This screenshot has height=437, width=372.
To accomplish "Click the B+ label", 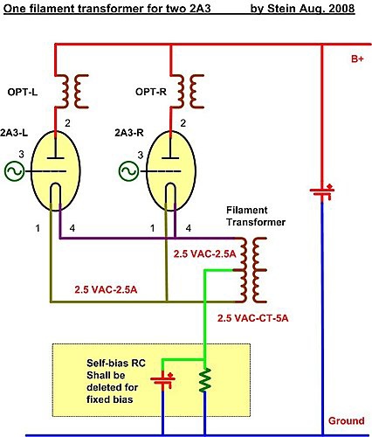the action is pyautogui.click(x=357, y=59).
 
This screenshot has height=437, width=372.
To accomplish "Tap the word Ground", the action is pyautogui.click(x=347, y=420).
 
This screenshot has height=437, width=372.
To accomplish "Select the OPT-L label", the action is pyautogui.click(x=23, y=93).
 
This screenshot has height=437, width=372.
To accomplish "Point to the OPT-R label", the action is pyautogui.click(x=151, y=92).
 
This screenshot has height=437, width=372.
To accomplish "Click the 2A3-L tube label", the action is pyautogui.click(x=14, y=133).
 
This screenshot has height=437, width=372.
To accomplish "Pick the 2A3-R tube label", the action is pyautogui.click(x=129, y=133).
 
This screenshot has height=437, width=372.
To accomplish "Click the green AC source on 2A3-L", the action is pyautogui.click(x=14, y=171).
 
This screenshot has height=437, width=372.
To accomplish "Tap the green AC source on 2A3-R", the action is pyautogui.click(x=129, y=171).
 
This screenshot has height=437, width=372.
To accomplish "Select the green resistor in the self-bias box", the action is pyautogui.click(x=205, y=379).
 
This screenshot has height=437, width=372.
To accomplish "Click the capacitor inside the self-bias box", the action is pyautogui.click(x=163, y=379).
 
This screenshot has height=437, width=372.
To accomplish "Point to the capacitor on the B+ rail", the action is pyautogui.click(x=322, y=191).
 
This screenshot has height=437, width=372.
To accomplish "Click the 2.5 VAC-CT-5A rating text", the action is pyautogui.click(x=253, y=318).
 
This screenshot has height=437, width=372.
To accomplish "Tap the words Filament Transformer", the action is pyautogui.click(x=256, y=216).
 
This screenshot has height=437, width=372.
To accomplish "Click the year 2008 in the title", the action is pyautogui.click(x=341, y=9).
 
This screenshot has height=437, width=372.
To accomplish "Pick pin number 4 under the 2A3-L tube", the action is pyautogui.click(x=72, y=228).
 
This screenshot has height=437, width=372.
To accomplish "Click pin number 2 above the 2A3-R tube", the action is pyautogui.click(x=183, y=123).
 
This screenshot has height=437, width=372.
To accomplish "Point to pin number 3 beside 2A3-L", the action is pyautogui.click(x=21, y=154).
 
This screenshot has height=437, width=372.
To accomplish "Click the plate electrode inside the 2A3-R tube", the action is pyautogui.click(x=170, y=158).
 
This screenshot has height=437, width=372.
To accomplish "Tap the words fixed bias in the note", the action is pyautogui.click(x=109, y=399).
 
